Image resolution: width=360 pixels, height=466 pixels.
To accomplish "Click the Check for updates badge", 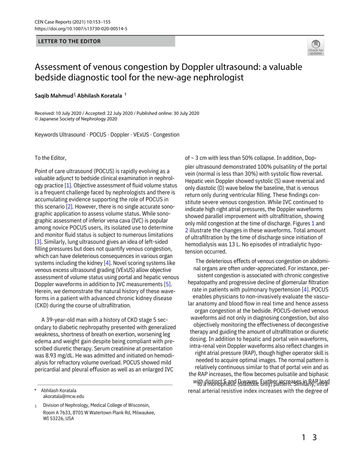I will pyautogui.click(x=315, y=47).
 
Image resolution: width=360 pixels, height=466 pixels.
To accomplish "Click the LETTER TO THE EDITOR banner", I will pyautogui.click(x=69, y=41).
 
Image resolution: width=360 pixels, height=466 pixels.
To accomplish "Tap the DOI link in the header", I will pyautogui.click(x=81, y=29).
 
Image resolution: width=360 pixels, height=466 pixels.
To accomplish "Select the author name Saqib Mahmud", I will pyautogui.click(x=54, y=96).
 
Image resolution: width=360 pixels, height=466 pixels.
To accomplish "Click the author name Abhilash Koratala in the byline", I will pyautogui.click(x=100, y=96).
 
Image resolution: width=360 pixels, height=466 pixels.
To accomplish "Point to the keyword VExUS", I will pyautogui.click(x=141, y=135).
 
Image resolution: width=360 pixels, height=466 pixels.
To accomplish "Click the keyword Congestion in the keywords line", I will pyautogui.click(x=166, y=135).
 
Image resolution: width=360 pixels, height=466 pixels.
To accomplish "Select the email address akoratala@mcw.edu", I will pyautogui.click(x=64, y=396).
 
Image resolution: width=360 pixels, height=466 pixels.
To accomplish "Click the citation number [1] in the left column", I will pyautogui.click(x=68, y=185).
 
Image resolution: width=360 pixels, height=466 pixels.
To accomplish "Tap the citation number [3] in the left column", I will pyautogui.click(x=38, y=242).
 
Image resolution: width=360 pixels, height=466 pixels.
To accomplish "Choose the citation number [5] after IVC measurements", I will pyautogui.click(x=167, y=284).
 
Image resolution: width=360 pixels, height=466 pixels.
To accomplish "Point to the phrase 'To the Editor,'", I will pyautogui.click(x=50, y=158).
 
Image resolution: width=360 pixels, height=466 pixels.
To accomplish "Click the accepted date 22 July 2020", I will pyautogui.click(x=119, y=113).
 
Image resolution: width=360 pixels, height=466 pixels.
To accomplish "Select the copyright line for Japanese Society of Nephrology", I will pyautogui.click(x=76, y=119).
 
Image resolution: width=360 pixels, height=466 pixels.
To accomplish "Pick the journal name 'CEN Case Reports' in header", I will pyautogui.click(x=53, y=22).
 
